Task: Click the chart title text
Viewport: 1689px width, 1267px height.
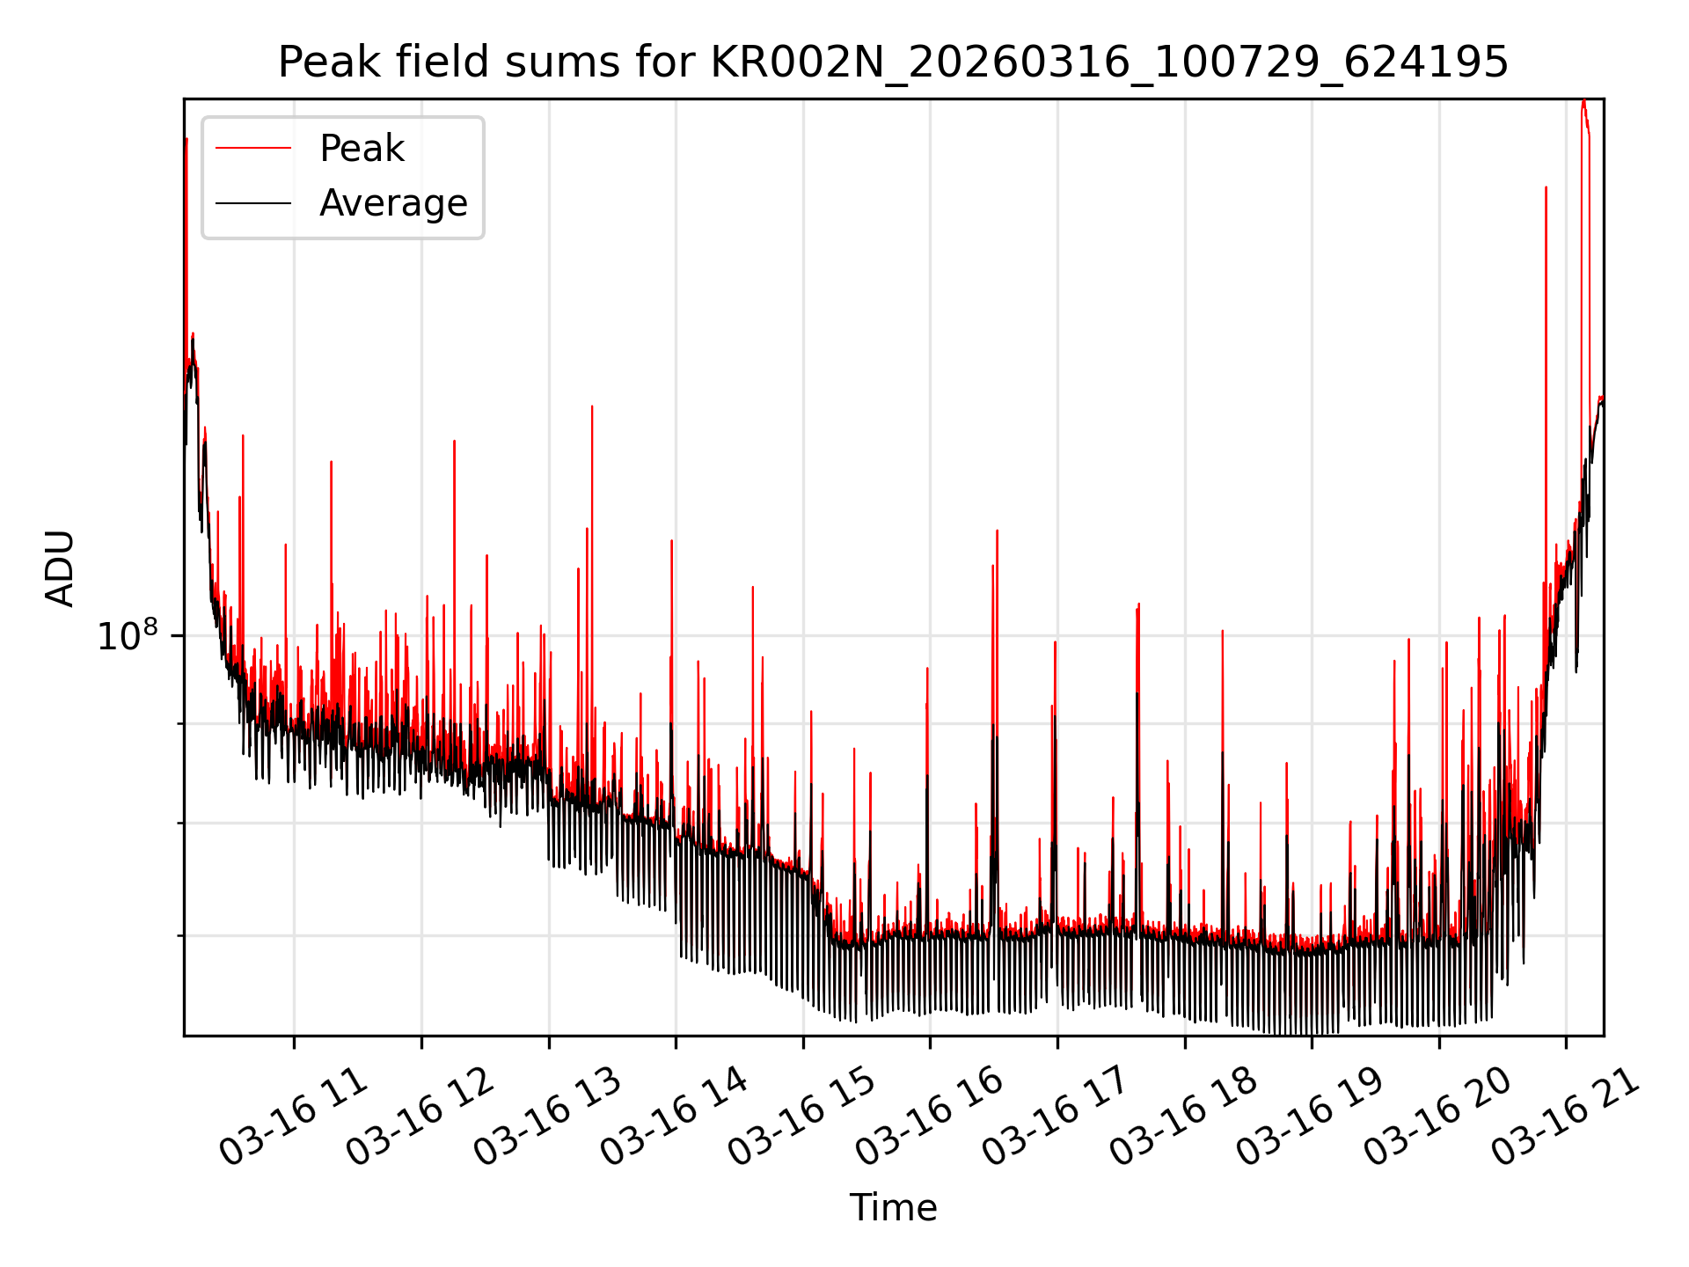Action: click(893, 62)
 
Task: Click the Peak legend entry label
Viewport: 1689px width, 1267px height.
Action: click(362, 149)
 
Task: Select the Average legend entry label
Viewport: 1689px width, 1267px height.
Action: click(393, 203)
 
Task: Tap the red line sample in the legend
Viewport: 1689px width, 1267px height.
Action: click(253, 149)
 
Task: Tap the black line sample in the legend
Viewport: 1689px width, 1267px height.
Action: click(253, 203)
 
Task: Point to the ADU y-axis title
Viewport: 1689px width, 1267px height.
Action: click(60, 568)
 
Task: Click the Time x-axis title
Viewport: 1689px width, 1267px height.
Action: click(893, 1207)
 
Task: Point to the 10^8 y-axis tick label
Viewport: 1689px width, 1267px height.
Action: click(128, 636)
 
